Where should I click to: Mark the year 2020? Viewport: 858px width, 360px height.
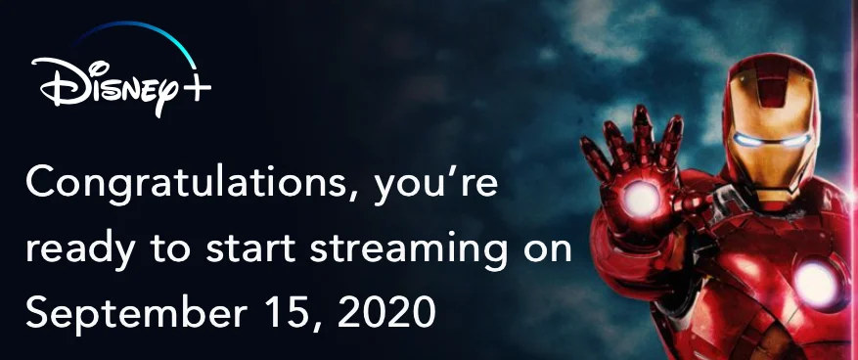click(x=385, y=312)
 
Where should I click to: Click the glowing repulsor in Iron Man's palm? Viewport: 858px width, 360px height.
click(x=642, y=198)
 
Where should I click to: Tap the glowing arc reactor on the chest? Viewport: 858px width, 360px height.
click(x=815, y=285)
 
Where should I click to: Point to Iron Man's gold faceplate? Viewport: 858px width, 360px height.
click(x=771, y=144)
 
